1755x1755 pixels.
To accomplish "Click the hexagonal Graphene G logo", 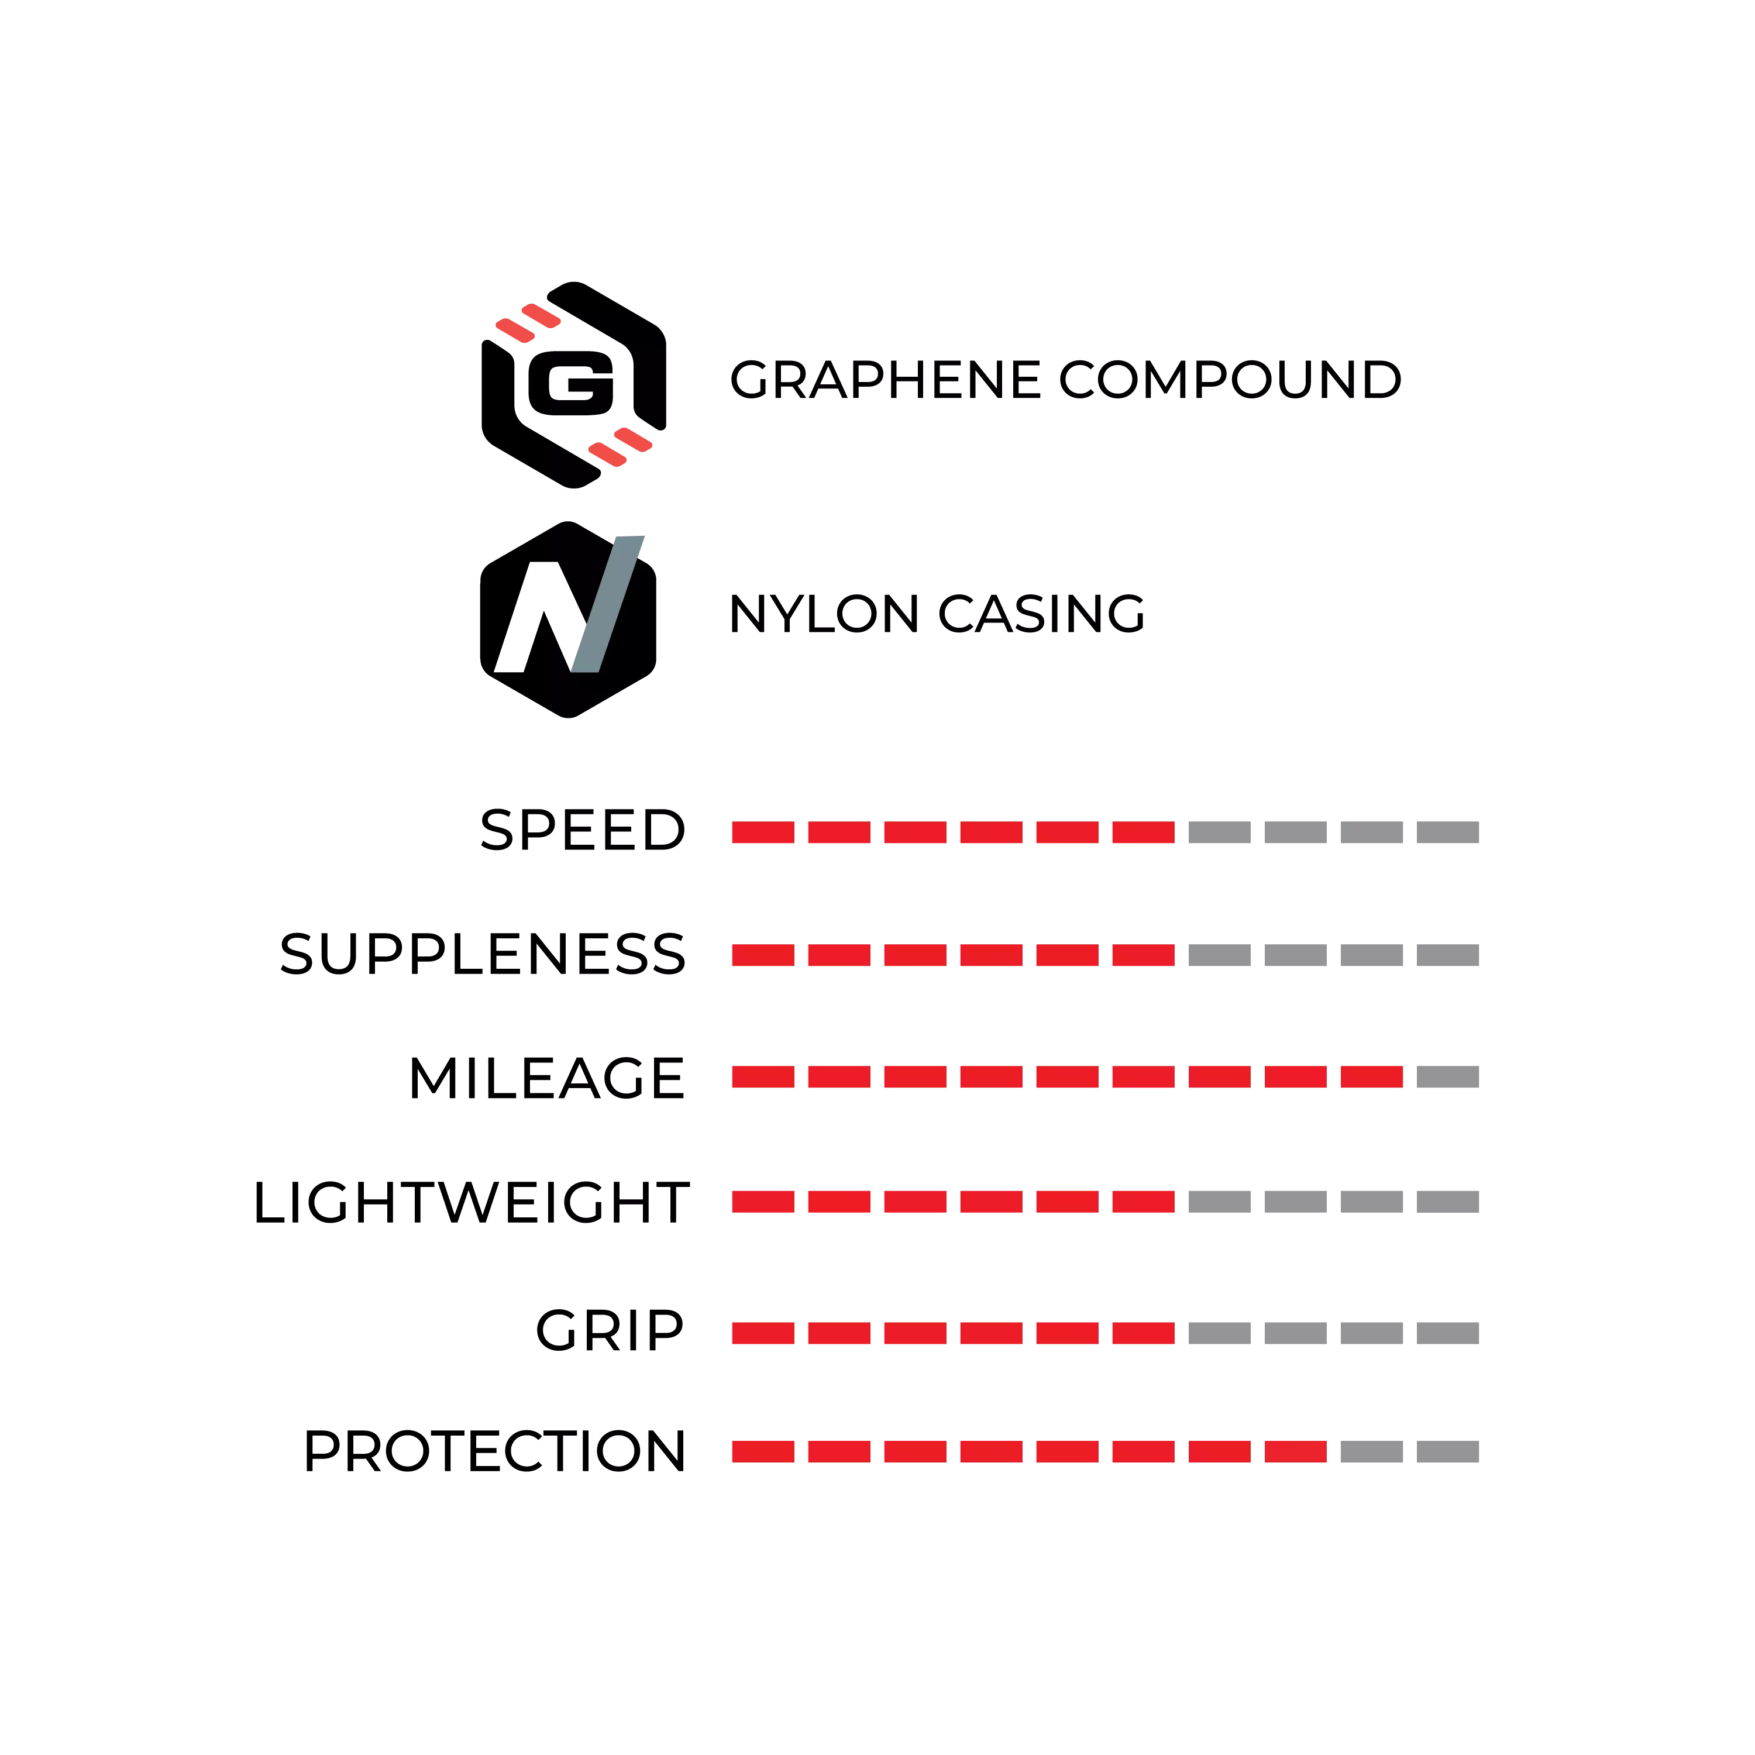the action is click(573, 385).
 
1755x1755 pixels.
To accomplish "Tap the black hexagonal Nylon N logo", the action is click(567, 620).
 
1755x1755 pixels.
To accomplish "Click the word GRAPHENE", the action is click(886, 380).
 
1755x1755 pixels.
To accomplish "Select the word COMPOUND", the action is click(1231, 380).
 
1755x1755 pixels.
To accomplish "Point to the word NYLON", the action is click(824, 614).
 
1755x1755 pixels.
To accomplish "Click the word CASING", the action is click(1041, 614).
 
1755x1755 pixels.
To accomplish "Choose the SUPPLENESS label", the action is click(483, 955).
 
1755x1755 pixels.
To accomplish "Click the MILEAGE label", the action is click(547, 1078).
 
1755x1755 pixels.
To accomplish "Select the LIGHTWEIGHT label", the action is click(470, 1203).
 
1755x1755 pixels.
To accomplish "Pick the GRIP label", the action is click(610, 1331).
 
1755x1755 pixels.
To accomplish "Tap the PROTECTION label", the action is click(494, 1451).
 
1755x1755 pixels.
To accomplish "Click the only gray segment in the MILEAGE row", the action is click(1448, 1078).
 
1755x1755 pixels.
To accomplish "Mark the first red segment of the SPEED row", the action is click(763, 832).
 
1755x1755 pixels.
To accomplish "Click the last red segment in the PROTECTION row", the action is click(1295, 1451).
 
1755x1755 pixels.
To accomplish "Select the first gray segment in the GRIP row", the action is click(1219, 1334).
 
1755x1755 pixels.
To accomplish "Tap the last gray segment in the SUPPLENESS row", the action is click(1448, 955).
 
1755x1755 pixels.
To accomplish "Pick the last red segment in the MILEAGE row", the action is click(1372, 1078).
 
